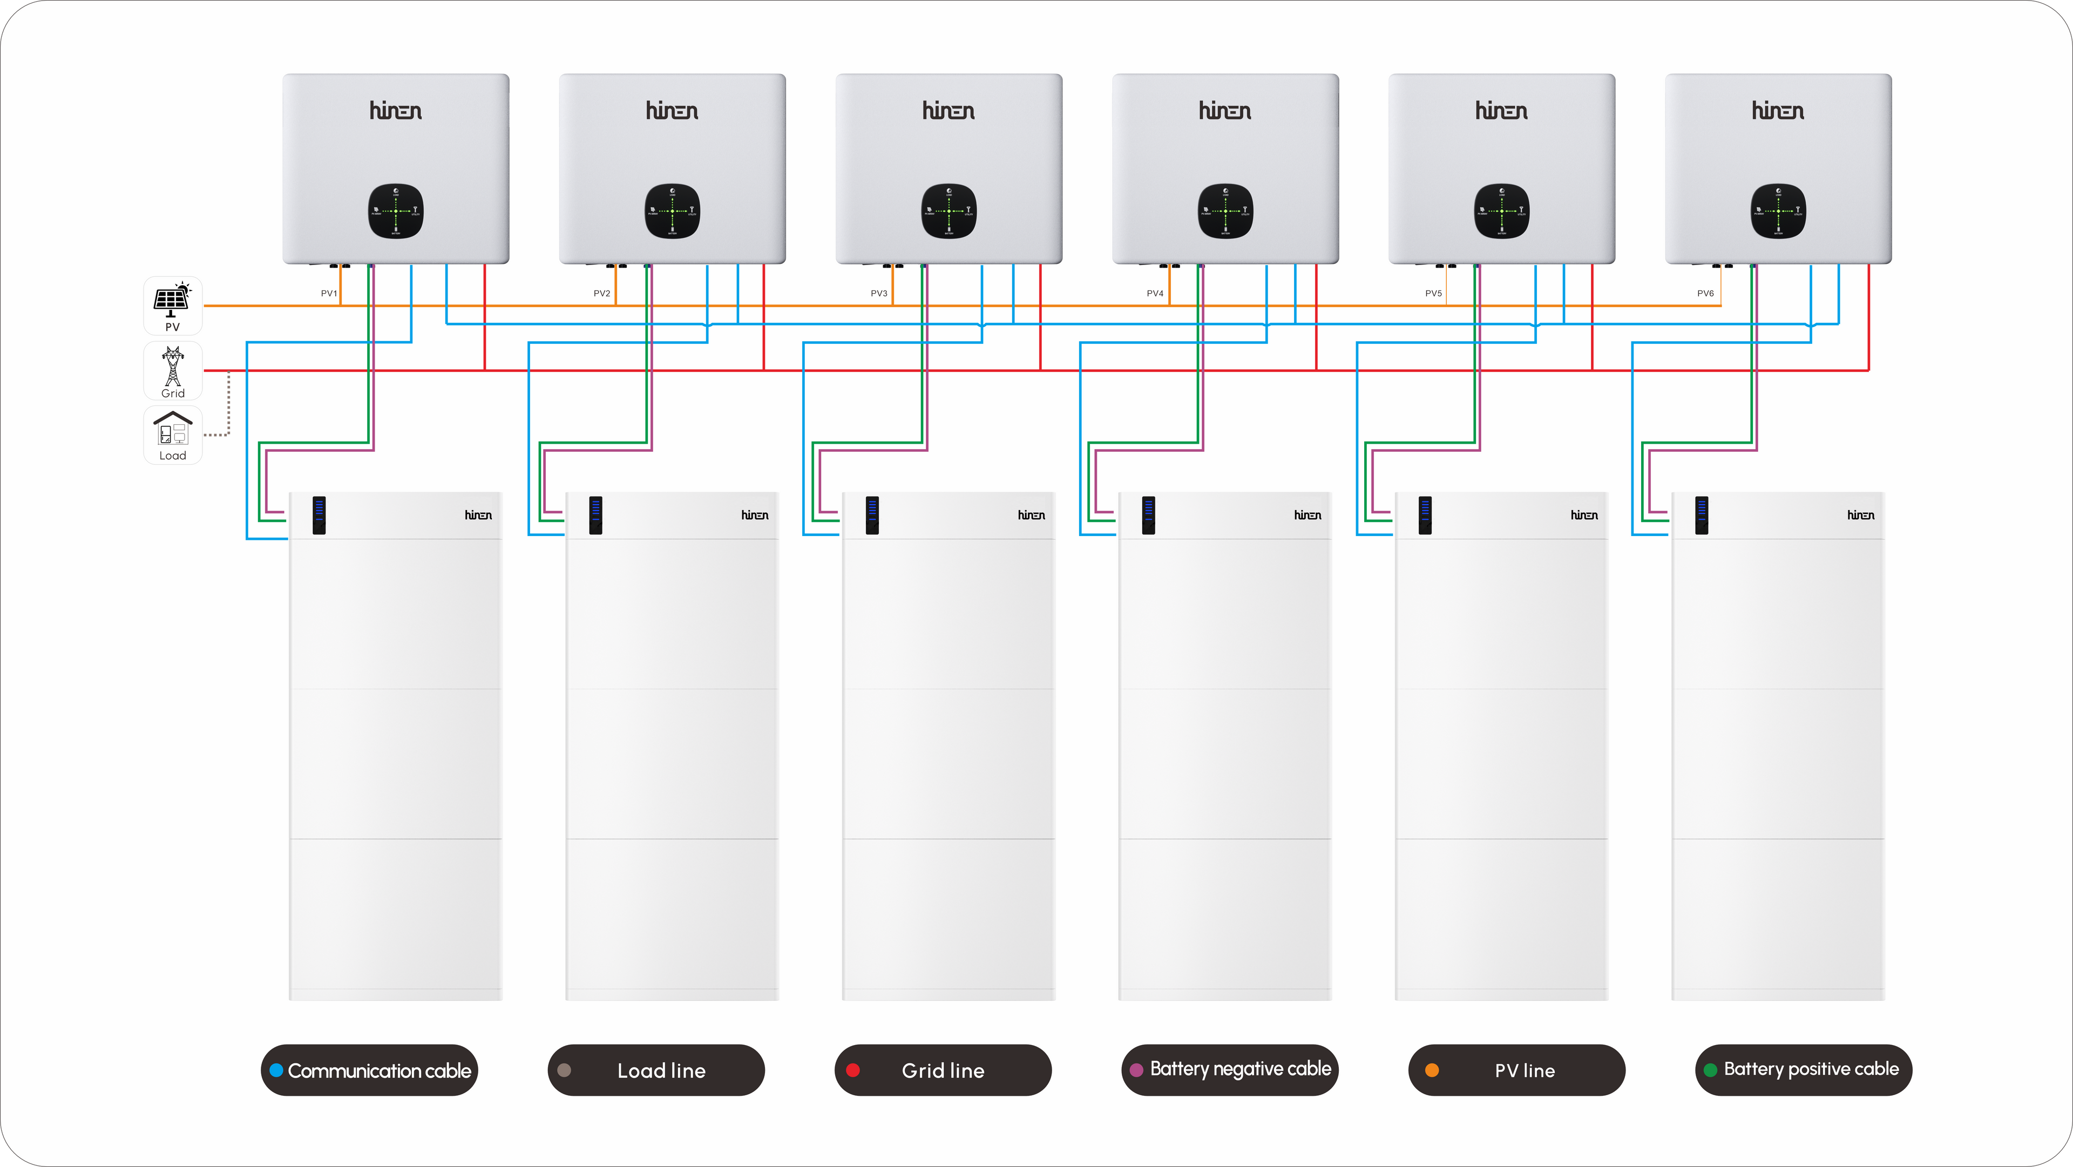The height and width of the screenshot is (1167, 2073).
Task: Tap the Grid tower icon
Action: point(172,367)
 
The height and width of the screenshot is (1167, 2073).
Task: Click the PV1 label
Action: point(328,294)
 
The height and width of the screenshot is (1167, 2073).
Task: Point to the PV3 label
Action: point(879,294)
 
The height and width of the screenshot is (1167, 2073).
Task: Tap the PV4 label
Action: point(1155,294)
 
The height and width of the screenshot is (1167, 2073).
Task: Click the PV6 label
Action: point(1705,294)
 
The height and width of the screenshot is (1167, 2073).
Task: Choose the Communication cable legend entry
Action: point(369,1070)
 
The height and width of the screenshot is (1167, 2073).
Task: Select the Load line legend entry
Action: point(656,1070)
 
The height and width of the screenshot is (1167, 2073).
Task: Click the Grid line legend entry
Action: point(943,1070)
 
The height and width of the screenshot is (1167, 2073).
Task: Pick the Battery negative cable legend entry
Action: point(1230,1070)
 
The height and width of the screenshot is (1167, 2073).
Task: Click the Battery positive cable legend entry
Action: point(1804,1070)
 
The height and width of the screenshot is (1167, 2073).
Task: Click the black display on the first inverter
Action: point(396,211)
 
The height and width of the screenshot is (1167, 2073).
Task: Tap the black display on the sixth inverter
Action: point(1778,211)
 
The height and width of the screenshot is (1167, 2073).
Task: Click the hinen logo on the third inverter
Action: point(949,111)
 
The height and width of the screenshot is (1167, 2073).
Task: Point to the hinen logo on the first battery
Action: point(478,515)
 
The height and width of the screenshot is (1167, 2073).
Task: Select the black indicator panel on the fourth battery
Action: point(1148,515)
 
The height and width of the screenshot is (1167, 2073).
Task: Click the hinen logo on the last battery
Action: point(1860,515)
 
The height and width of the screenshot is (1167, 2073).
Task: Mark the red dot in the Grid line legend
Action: point(853,1070)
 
